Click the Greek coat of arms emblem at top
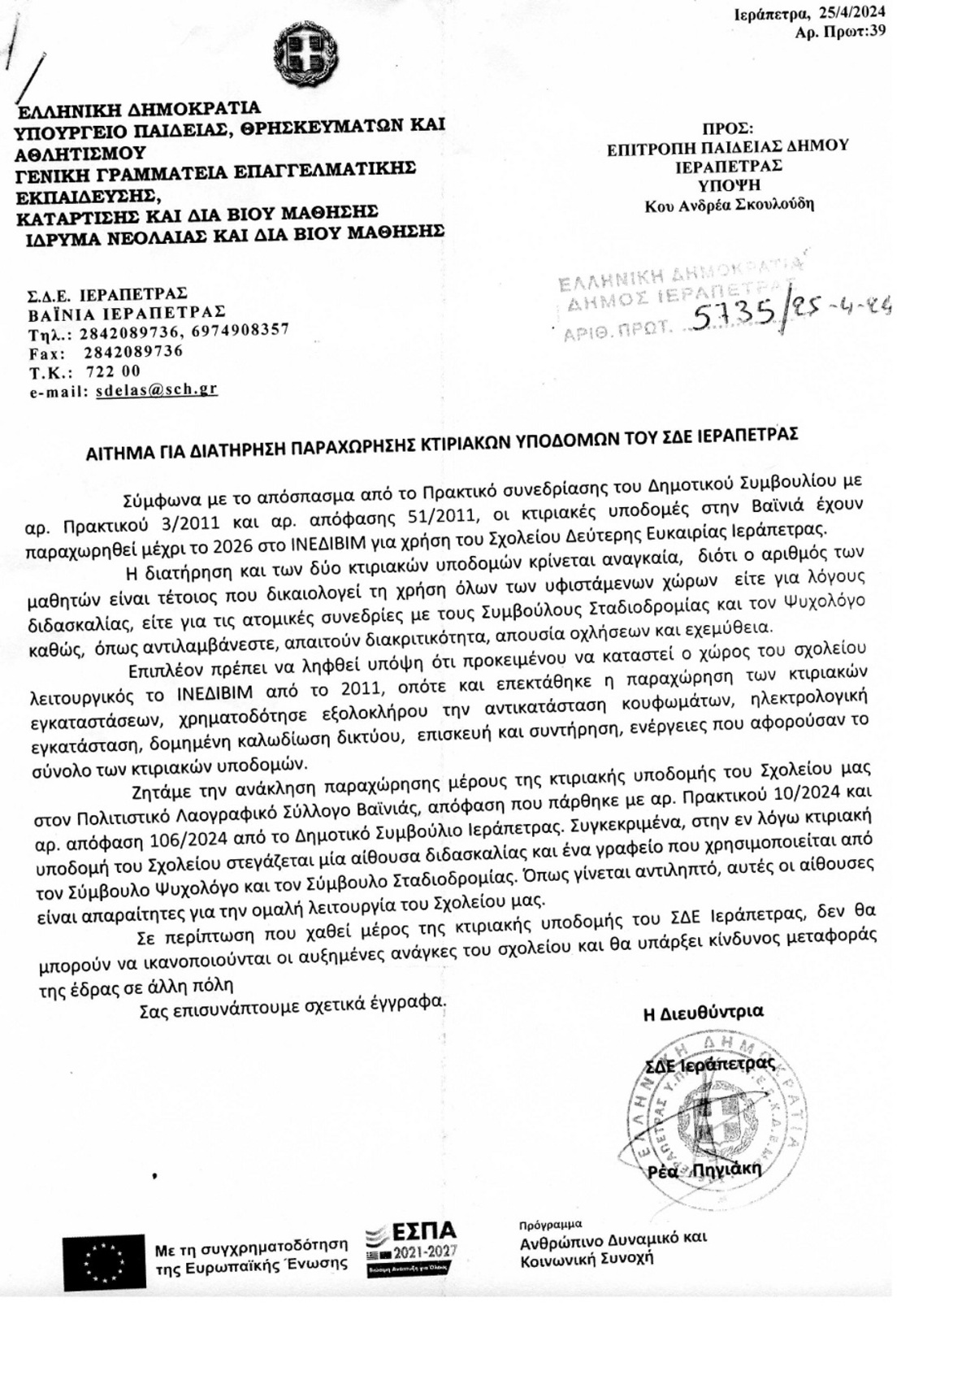click(305, 54)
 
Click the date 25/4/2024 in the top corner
click(852, 13)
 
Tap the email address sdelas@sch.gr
click(156, 389)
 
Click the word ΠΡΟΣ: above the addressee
click(728, 128)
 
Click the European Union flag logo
click(103, 1261)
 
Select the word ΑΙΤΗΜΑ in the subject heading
click(120, 453)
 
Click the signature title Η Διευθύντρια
click(703, 1013)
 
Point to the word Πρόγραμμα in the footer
click(550, 1224)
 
